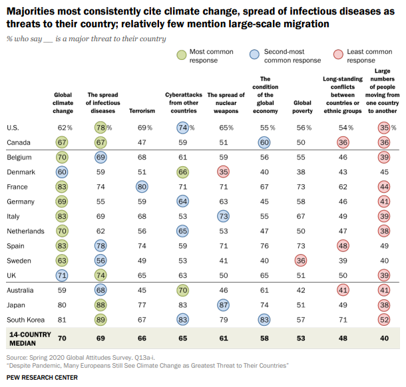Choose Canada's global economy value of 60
click(x=264, y=142)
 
